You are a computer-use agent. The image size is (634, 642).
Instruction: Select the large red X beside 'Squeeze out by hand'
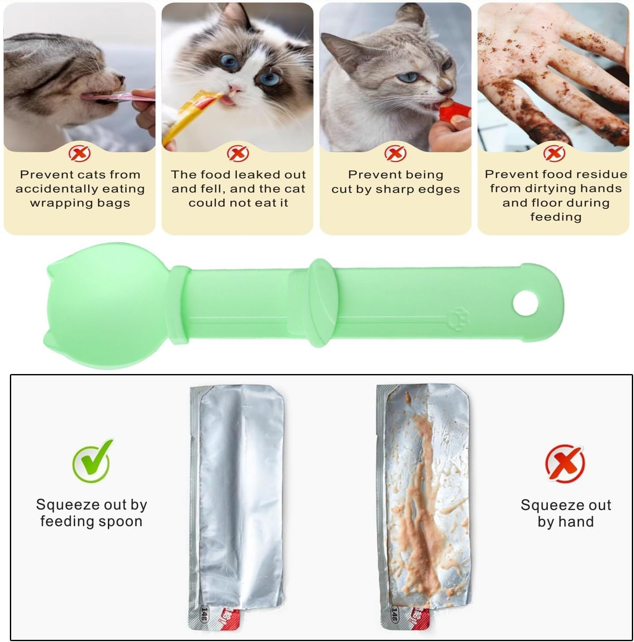[565, 464]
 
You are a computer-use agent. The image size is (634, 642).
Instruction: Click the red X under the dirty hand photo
[554, 152]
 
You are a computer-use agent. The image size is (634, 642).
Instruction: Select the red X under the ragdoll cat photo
[238, 152]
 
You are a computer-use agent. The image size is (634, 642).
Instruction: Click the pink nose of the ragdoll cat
[235, 89]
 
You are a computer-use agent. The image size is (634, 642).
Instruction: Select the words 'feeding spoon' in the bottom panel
[91, 521]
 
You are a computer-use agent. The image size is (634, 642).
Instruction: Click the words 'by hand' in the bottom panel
[565, 522]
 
